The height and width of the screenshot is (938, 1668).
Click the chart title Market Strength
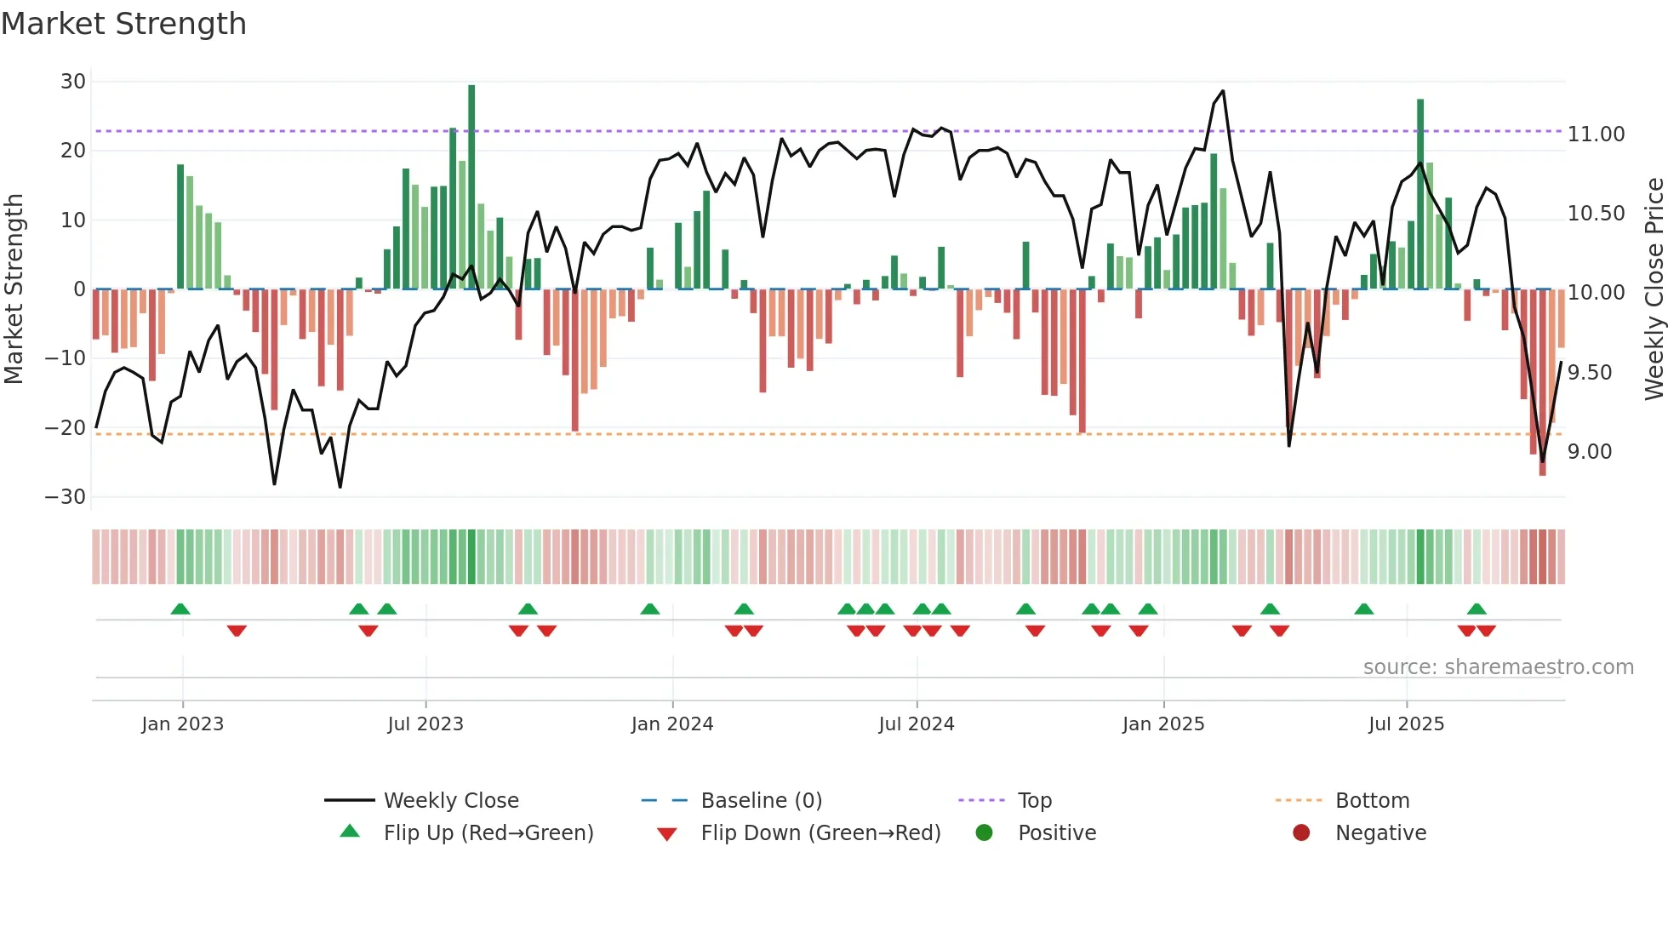123,24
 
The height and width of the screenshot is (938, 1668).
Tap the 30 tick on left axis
73,82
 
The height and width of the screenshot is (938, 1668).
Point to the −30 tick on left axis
66,497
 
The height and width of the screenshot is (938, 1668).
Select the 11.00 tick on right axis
1596,134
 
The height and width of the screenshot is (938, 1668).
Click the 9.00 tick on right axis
1590,452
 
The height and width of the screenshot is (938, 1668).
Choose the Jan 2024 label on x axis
671,724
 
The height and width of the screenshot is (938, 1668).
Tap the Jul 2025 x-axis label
1406,724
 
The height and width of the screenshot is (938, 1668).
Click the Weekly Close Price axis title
1654,289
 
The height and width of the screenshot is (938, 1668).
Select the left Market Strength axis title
14,289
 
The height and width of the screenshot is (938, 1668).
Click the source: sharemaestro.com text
1498,667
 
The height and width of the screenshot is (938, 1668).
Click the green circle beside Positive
984,833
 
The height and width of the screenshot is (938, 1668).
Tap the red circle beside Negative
1300,833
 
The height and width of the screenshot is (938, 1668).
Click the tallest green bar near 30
471,187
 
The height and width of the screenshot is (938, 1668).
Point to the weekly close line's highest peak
1223,91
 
